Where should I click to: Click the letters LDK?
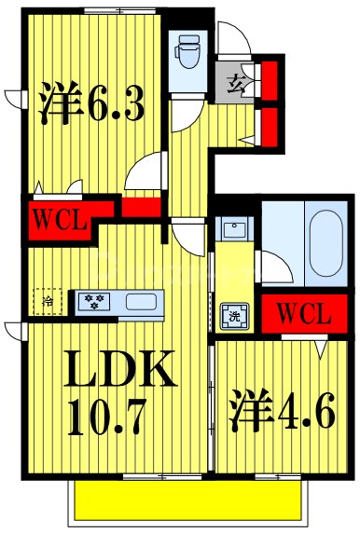[x=118, y=370]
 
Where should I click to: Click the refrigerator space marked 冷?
[x=48, y=300]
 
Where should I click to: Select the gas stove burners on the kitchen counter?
[x=93, y=301]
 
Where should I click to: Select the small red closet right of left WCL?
[x=140, y=206]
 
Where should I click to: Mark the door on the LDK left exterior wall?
[x=13, y=327]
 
